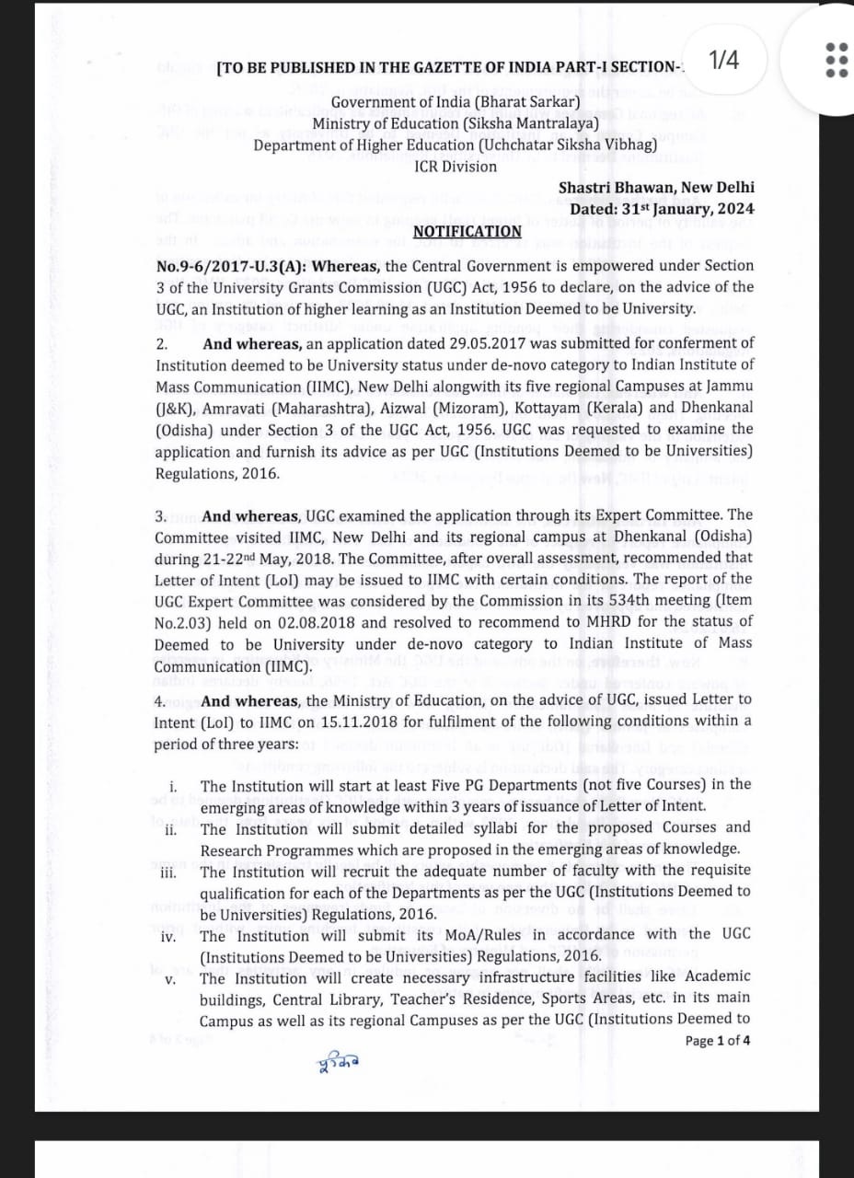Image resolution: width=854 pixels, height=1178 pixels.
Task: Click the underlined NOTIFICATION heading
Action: click(x=467, y=231)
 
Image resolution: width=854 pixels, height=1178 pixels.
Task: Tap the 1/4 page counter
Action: click(x=724, y=61)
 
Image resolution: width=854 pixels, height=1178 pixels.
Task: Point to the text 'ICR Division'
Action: click(x=456, y=167)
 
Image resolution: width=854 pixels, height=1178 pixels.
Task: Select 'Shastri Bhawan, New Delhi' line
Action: click(x=656, y=188)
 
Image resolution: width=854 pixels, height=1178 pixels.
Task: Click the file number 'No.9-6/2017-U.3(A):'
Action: click(x=230, y=266)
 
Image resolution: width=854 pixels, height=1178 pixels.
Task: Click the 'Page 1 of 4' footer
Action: click(x=718, y=1041)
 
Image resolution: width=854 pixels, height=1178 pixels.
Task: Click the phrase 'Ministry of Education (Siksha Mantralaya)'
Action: click(x=456, y=123)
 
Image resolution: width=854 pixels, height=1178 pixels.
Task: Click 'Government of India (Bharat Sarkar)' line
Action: click(x=456, y=102)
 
